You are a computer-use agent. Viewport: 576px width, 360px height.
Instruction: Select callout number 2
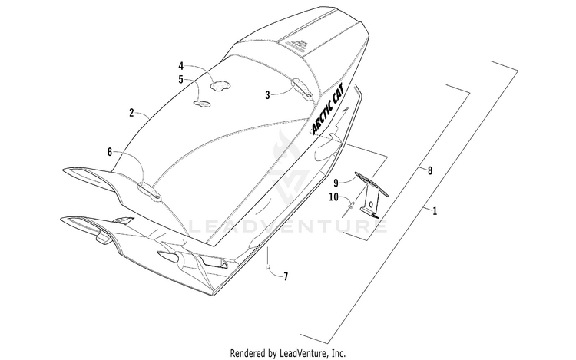coord(131,112)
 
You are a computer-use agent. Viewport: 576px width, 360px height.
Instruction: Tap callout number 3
coord(268,94)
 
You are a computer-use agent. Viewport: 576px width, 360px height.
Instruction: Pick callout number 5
coord(181,79)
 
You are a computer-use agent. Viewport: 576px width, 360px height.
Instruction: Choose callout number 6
coord(110,152)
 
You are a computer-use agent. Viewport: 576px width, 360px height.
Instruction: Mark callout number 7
coord(286,275)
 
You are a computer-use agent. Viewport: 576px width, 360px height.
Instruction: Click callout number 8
coord(430,172)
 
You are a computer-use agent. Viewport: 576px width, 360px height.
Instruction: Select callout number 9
coord(336,182)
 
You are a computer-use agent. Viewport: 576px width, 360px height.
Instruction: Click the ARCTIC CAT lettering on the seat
coord(323,108)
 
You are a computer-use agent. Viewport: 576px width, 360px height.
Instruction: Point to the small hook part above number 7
coord(269,267)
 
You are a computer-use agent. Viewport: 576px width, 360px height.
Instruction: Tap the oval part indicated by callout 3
coord(301,91)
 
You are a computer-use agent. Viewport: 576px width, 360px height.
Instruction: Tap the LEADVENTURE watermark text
coord(288,226)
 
